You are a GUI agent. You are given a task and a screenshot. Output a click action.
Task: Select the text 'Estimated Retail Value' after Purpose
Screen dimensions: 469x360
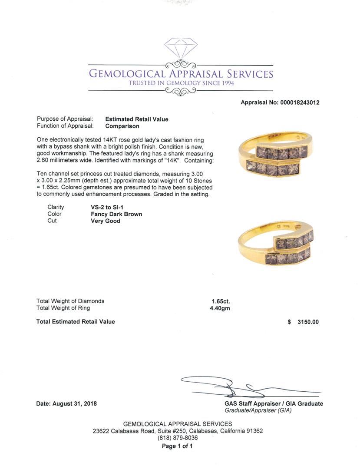point(137,119)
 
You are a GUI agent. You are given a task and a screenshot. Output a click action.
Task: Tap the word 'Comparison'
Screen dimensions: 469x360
point(122,126)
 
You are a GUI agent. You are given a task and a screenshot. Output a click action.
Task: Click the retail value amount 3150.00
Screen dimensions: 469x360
point(308,322)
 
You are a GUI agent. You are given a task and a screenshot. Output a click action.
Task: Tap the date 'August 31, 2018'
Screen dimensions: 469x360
point(74,403)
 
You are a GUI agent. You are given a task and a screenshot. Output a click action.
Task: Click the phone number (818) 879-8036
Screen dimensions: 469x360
point(177,438)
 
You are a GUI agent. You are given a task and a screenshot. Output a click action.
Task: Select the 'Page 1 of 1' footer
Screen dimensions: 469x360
point(177,446)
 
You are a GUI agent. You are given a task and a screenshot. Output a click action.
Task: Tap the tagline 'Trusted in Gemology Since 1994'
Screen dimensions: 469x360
point(181,83)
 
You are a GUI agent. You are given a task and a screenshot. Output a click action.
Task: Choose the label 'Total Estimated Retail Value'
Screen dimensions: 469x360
point(76,322)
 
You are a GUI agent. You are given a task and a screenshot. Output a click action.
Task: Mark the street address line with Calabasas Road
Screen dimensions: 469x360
point(178,431)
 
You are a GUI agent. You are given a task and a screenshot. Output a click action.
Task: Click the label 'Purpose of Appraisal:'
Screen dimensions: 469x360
point(65,119)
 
